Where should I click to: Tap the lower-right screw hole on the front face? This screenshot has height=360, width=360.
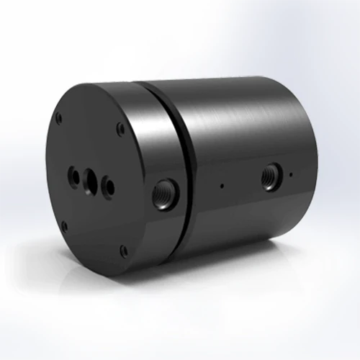123,250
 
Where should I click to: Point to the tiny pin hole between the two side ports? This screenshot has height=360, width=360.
222,185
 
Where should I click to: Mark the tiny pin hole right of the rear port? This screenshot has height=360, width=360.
290,174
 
